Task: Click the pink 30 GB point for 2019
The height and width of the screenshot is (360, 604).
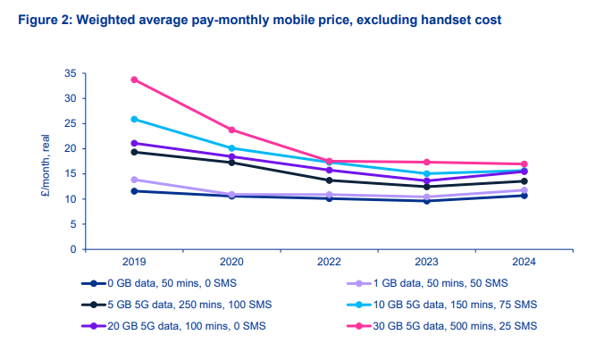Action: coord(134,80)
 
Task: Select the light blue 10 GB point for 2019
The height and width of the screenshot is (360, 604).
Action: coord(134,119)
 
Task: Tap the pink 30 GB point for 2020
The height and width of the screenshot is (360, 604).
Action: coord(231,130)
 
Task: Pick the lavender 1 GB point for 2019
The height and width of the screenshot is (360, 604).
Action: coord(134,180)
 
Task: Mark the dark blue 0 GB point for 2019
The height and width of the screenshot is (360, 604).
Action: coord(134,191)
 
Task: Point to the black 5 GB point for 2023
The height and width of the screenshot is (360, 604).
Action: coord(427,187)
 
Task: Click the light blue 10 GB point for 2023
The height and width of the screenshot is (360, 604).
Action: coord(427,173)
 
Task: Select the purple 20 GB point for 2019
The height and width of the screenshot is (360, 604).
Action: coord(134,143)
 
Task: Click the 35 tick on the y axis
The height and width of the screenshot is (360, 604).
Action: coord(70,73)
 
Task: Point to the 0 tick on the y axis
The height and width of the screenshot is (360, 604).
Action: coord(72,249)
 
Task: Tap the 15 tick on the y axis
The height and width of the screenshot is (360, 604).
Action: coord(70,173)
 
